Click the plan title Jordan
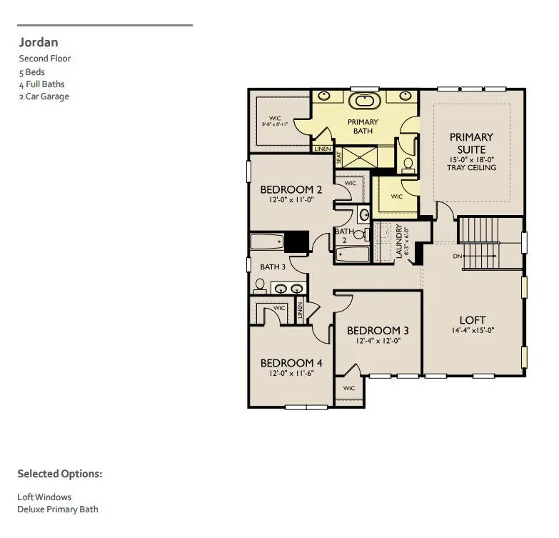[x=39, y=42]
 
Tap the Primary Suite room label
[x=471, y=144]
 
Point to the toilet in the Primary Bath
[x=408, y=166]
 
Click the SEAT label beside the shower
[x=339, y=158]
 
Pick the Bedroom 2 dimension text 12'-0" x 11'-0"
[x=291, y=200]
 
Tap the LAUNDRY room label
[x=399, y=241]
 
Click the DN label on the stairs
[x=458, y=256]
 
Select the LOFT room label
[x=473, y=319]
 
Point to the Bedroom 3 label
[x=378, y=331]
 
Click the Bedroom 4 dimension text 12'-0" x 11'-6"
[x=291, y=373]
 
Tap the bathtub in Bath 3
[x=268, y=241]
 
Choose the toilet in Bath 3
[x=260, y=286]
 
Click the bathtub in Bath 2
[x=353, y=254]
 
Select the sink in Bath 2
[x=364, y=215]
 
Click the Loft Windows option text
[x=44, y=497]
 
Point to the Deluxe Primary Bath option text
[x=58, y=509]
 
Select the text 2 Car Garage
[x=44, y=96]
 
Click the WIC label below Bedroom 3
[x=349, y=388]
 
